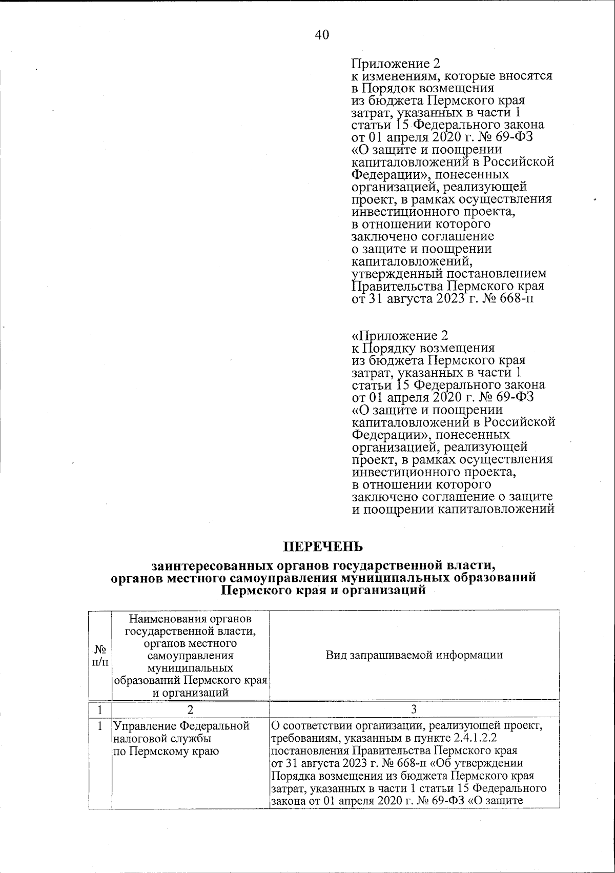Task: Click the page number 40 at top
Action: pyautogui.click(x=322, y=35)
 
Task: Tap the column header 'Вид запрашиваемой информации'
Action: pyautogui.click(x=414, y=655)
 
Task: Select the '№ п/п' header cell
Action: pyautogui.click(x=100, y=655)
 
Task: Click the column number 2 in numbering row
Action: pyautogui.click(x=191, y=710)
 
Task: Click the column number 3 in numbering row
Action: pyautogui.click(x=414, y=710)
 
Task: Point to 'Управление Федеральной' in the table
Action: pyautogui.click(x=181, y=726)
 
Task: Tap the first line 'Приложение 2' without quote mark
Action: pyautogui.click(x=395, y=64)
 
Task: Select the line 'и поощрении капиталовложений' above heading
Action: pyautogui.click(x=454, y=510)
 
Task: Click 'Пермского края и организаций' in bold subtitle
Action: pyautogui.click(x=323, y=590)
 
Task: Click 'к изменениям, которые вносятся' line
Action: pyautogui.click(x=452, y=76)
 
